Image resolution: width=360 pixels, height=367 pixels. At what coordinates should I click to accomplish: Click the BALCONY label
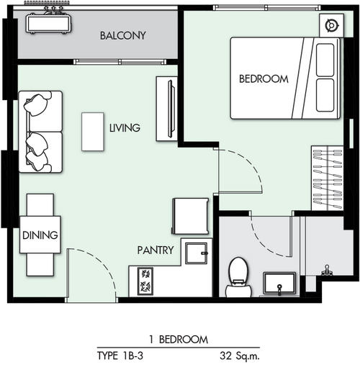coord(123,35)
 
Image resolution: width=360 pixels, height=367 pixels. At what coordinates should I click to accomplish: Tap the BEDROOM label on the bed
coord(264,79)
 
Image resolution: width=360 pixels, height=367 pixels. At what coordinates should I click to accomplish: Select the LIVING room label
coord(125,128)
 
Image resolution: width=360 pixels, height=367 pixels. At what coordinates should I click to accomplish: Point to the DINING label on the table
coord(40,235)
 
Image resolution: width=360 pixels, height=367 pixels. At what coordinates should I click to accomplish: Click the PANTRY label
coord(156,250)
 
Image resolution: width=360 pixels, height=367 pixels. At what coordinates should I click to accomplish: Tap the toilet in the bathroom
coord(238,277)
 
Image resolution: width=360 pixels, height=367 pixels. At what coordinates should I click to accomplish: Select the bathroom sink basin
coord(279,284)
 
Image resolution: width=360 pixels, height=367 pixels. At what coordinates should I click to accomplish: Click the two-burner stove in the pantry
coord(145,281)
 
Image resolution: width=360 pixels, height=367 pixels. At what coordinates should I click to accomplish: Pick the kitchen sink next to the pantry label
coord(197,253)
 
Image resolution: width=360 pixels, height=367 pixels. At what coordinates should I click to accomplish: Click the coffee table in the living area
coord(93,132)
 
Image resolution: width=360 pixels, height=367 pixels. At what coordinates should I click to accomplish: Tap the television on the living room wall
coord(171,109)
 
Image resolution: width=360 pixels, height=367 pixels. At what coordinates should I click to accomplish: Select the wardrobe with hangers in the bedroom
coord(328,178)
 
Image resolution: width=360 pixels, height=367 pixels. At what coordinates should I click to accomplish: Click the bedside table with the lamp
coord(331,25)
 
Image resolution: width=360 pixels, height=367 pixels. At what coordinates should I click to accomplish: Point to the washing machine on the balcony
coord(49,24)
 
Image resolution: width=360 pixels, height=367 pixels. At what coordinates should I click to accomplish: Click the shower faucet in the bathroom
coord(327,270)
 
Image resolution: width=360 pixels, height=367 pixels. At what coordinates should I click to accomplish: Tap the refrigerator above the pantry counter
coord(190,216)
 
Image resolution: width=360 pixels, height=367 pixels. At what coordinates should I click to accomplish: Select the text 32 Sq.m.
coord(240,355)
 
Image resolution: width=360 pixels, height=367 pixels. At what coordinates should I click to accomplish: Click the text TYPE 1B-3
coord(120,355)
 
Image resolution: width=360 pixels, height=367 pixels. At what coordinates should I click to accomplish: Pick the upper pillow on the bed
coord(325,60)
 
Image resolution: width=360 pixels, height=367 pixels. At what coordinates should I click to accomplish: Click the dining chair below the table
coord(40,264)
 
